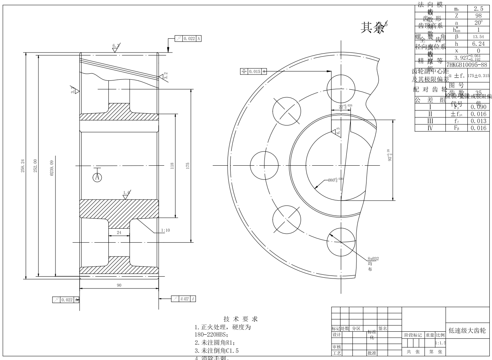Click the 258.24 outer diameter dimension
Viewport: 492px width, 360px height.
click(x=23, y=166)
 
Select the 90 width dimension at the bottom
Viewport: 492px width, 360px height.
click(x=119, y=285)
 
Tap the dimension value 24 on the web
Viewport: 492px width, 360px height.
click(x=119, y=232)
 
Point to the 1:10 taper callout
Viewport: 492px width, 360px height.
click(x=166, y=230)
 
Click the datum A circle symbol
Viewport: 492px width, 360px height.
click(x=97, y=177)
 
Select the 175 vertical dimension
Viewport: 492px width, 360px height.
click(x=188, y=164)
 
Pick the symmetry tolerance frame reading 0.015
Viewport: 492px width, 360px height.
click(x=254, y=71)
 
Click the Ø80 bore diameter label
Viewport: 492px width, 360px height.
click(x=335, y=180)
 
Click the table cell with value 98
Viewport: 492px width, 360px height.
click(x=478, y=16)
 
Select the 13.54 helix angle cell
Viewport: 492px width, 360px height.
click(x=478, y=36)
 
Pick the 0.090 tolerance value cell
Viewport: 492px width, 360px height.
click(x=478, y=107)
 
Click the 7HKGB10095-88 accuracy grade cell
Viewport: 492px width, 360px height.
click(x=467, y=64)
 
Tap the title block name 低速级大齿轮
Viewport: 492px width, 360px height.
click(x=467, y=330)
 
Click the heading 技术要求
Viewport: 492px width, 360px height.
click(x=240, y=319)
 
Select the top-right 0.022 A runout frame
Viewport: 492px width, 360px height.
click(x=188, y=38)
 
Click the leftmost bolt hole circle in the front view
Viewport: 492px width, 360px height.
click(x=264, y=165)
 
